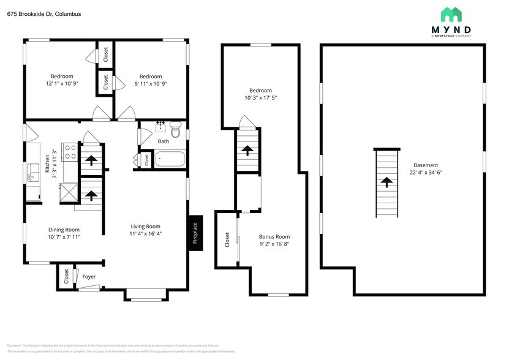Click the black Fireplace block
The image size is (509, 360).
(x=195, y=233)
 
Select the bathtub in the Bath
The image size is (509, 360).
(x=170, y=160)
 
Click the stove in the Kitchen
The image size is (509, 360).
(x=69, y=151)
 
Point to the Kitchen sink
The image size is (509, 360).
(x=32, y=178)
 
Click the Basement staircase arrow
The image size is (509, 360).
(x=386, y=181)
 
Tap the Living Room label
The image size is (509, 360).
(x=145, y=226)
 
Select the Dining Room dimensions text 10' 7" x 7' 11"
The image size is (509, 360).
(x=64, y=237)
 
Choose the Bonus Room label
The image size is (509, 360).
(x=274, y=236)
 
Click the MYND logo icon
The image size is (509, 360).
(x=451, y=15)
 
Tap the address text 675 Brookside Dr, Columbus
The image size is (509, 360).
(x=44, y=13)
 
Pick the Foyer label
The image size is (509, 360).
(x=89, y=277)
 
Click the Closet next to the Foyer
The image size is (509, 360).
(x=66, y=276)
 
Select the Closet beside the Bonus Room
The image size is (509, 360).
(x=227, y=239)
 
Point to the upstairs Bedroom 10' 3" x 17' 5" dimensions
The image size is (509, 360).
(x=261, y=98)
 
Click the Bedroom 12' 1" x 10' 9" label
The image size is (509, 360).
(x=62, y=83)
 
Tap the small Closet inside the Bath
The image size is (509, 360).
(x=146, y=159)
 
